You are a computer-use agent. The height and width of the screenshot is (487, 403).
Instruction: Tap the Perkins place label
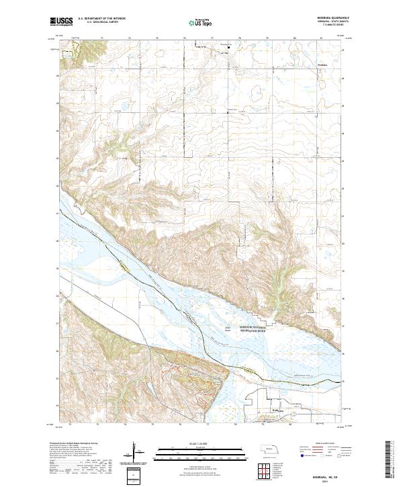303,65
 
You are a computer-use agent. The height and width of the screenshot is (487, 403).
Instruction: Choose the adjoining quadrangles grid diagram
263,470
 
